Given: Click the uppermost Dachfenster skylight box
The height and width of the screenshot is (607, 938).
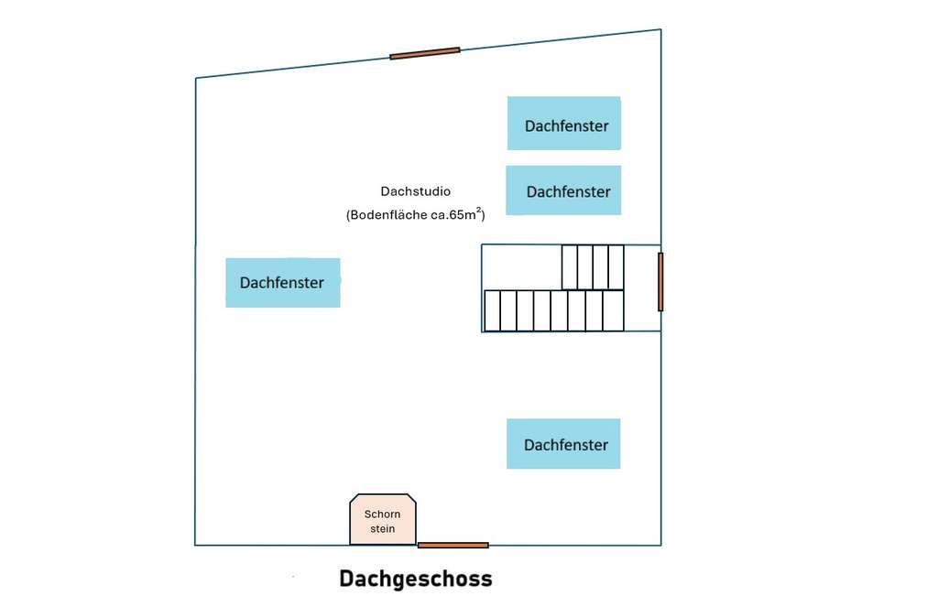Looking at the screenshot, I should (x=564, y=124).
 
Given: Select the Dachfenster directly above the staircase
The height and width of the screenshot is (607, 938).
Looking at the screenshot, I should (x=563, y=190).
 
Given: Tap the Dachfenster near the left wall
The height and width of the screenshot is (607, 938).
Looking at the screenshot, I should (x=282, y=282).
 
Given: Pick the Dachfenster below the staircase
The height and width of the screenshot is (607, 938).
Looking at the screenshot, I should (x=563, y=444).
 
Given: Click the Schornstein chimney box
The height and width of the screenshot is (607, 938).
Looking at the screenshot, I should (x=382, y=520).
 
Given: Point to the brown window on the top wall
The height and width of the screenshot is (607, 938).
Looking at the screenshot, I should (x=424, y=54).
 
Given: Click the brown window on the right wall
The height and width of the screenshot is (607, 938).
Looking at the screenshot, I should (x=660, y=282).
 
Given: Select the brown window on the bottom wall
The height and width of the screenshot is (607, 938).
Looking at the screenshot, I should (x=453, y=545).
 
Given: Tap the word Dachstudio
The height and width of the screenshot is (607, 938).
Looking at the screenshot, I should (x=415, y=191).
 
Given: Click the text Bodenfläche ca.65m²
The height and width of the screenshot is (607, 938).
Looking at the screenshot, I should (x=415, y=215).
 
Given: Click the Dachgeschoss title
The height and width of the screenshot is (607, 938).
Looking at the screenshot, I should (x=415, y=579).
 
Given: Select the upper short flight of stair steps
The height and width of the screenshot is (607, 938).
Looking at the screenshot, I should (x=593, y=266).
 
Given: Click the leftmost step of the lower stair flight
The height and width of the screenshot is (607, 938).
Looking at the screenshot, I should (x=492, y=310).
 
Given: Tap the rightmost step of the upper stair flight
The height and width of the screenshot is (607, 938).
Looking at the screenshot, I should (x=616, y=266).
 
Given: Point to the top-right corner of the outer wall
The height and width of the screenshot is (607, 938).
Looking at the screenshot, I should (x=660, y=29).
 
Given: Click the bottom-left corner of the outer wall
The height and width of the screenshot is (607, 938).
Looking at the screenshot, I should (x=195, y=545).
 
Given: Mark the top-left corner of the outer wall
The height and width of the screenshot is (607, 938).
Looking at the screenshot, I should (x=196, y=79).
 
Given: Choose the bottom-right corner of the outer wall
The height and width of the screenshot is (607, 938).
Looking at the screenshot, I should (x=660, y=545).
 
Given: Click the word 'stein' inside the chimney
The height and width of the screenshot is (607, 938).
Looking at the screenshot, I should (x=382, y=528).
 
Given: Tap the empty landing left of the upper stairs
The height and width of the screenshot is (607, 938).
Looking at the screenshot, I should (x=521, y=266).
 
